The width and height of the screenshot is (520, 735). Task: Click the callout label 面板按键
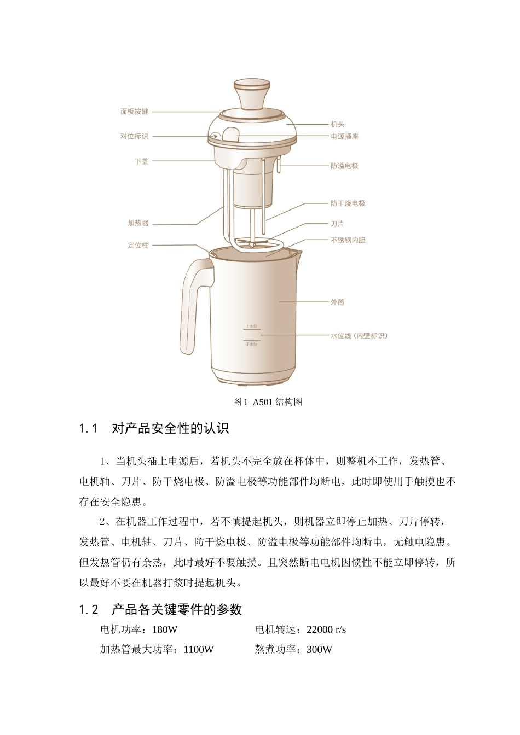tap(134, 112)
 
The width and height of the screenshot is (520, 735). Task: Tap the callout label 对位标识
tap(134, 136)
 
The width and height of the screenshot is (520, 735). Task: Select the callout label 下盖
tap(141, 161)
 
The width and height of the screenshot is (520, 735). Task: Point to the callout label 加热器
tap(138, 223)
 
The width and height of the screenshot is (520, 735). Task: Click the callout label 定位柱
tap(138, 246)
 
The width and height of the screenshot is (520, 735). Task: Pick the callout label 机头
tap(337, 125)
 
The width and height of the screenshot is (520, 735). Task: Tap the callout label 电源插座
tap(344, 137)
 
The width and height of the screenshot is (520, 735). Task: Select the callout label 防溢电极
tap(344, 166)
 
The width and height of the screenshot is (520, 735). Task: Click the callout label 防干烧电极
tap(348, 203)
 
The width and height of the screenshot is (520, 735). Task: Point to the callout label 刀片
tap(337, 224)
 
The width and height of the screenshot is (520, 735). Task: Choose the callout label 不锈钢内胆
tap(348, 240)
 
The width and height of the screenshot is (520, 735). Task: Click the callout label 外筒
tap(337, 302)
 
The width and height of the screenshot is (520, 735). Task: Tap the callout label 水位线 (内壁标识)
tap(359, 336)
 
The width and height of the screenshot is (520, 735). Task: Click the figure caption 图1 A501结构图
tap(268, 402)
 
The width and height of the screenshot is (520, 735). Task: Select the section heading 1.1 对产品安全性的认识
tap(154, 429)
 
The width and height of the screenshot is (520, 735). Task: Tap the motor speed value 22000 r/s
tap(326, 629)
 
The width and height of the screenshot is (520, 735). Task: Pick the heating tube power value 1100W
tap(199, 650)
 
